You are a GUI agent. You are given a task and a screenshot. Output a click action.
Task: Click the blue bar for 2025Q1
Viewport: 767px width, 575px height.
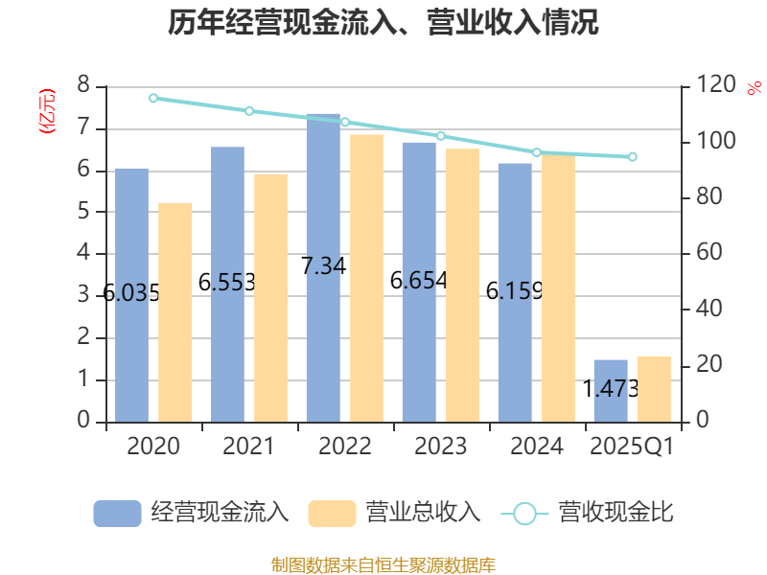(611, 402)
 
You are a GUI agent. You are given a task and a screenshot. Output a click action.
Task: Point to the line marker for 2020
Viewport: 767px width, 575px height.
(153, 98)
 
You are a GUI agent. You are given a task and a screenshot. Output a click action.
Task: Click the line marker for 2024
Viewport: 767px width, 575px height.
(537, 152)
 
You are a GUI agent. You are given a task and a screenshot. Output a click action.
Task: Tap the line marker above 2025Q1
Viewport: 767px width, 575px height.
(633, 156)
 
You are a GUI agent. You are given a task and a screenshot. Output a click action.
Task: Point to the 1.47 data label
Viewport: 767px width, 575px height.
(612, 389)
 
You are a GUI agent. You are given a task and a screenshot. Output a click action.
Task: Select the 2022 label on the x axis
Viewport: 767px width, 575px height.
(345, 447)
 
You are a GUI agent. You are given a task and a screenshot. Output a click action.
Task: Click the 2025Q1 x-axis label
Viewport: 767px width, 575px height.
(632, 447)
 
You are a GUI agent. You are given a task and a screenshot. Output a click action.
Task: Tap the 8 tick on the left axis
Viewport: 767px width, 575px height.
(83, 86)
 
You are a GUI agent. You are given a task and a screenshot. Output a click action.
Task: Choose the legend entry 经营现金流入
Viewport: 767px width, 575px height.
(192, 513)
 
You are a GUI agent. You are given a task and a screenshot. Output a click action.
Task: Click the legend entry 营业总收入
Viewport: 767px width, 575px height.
(394, 513)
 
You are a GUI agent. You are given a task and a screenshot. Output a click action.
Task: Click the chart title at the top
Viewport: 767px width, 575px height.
(383, 23)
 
